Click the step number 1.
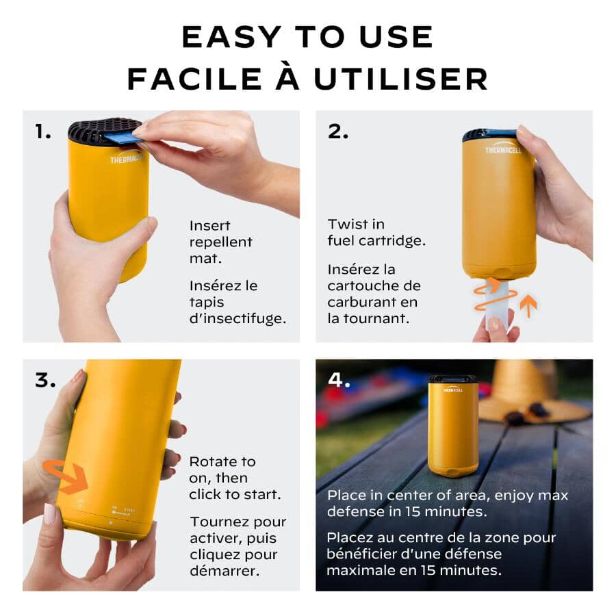tap(42, 131)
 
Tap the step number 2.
tap(337, 131)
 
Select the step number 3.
tap(44, 381)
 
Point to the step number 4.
tap(339, 380)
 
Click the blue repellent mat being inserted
tap(123, 138)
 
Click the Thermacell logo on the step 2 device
tap(504, 150)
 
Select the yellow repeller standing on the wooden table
tap(453, 428)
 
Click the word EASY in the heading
tap(229, 38)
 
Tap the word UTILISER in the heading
tap(401, 79)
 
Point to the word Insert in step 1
tap(209, 225)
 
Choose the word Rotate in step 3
tap(213, 461)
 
